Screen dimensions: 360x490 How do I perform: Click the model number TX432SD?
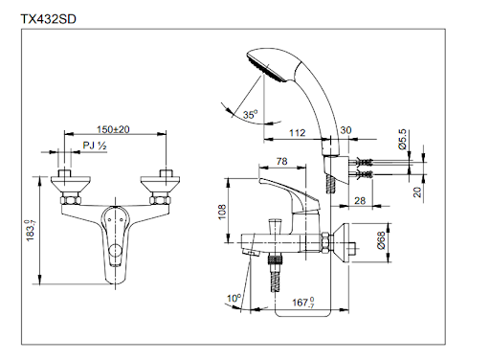click(x=49, y=17)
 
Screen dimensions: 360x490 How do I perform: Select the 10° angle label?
click(x=234, y=298)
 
